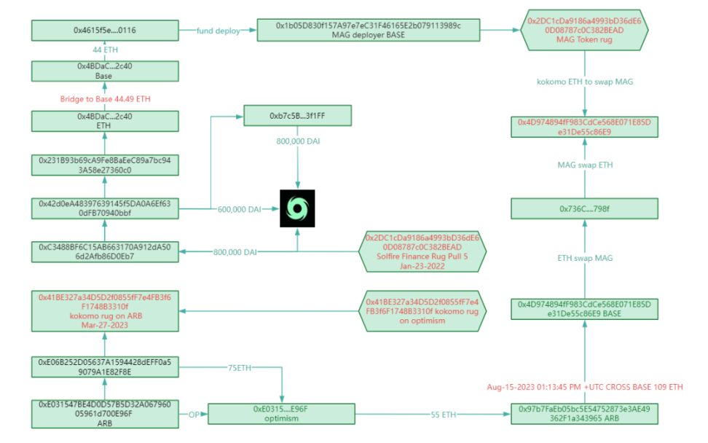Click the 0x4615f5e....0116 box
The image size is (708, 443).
[105, 31]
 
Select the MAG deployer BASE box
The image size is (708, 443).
[369, 31]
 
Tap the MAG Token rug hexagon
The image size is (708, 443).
[584, 31]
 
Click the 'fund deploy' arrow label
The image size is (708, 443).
[218, 31]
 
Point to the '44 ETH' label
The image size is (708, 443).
[105, 50]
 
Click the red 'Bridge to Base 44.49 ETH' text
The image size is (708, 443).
[105, 99]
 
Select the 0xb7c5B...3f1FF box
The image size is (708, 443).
[298, 116]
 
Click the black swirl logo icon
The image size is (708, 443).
[298, 208]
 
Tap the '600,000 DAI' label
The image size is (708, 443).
[240, 210]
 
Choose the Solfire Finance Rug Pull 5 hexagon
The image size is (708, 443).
[422, 251]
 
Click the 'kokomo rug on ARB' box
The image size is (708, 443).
[105, 311]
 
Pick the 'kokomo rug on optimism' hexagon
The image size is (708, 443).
[422, 311]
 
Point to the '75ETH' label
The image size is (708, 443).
[240, 368]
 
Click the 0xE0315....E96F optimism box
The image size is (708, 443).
[281, 414]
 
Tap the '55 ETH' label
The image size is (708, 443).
[444, 415]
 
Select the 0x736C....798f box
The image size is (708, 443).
[584, 208]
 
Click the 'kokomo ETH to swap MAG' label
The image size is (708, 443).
[585, 82]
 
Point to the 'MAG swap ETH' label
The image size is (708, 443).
[585, 165]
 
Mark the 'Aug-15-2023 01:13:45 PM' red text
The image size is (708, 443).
[534, 387]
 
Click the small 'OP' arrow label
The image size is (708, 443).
[194, 415]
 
